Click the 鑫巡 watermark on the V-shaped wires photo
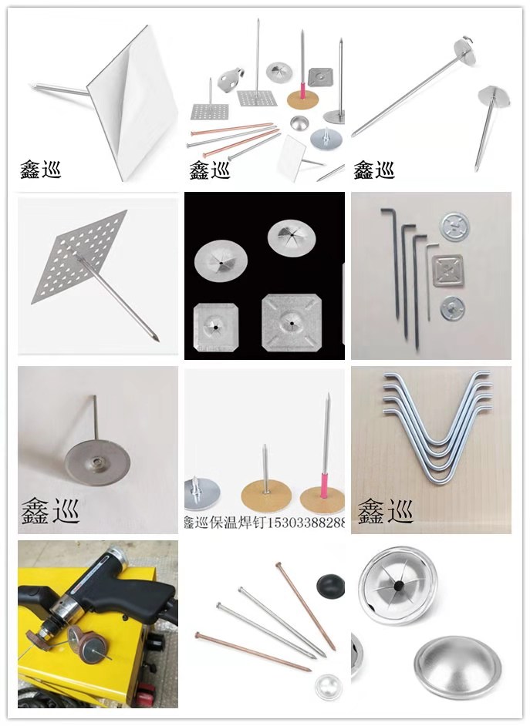coord(385,510)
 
